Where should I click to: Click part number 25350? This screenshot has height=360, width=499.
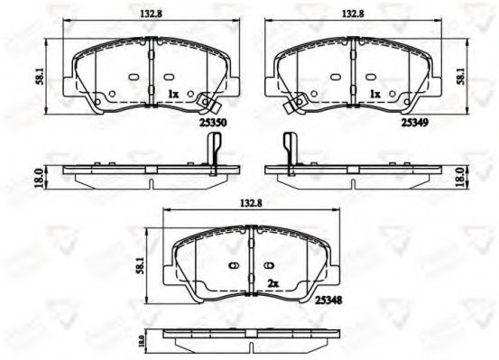213,122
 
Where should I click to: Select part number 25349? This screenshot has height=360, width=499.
415,122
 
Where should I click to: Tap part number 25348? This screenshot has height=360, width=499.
328,300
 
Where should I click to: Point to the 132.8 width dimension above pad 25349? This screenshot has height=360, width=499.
353,14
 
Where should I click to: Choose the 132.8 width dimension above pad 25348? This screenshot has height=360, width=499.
251,203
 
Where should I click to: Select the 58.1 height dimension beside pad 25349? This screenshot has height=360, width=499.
461,77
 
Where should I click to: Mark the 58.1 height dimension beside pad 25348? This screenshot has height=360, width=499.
140,265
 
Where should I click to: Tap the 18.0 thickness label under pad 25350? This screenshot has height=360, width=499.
39,178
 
